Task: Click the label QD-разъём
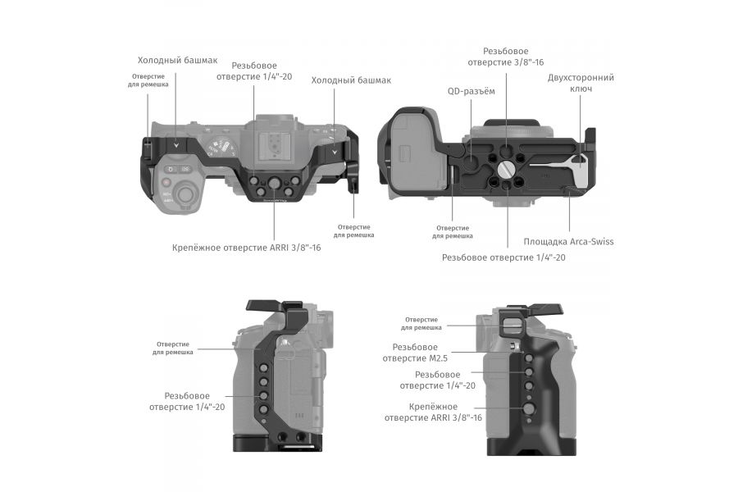click(x=471, y=92)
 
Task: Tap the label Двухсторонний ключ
click(x=581, y=84)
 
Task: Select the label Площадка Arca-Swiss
click(x=568, y=241)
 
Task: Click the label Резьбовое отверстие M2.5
click(x=421, y=353)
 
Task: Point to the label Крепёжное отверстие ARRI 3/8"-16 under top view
click(x=246, y=247)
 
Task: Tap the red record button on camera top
click(x=166, y=183)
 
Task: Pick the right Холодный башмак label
click(x=351, y=80)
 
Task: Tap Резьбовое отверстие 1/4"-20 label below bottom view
click(x=503, y=257)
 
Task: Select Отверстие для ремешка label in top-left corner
click(x=148, y=80)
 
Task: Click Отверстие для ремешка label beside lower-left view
click(x=172, y=348)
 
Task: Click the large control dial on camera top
click(x=187, y=196)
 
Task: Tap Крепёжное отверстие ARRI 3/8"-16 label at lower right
click(x=433, y=412)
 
